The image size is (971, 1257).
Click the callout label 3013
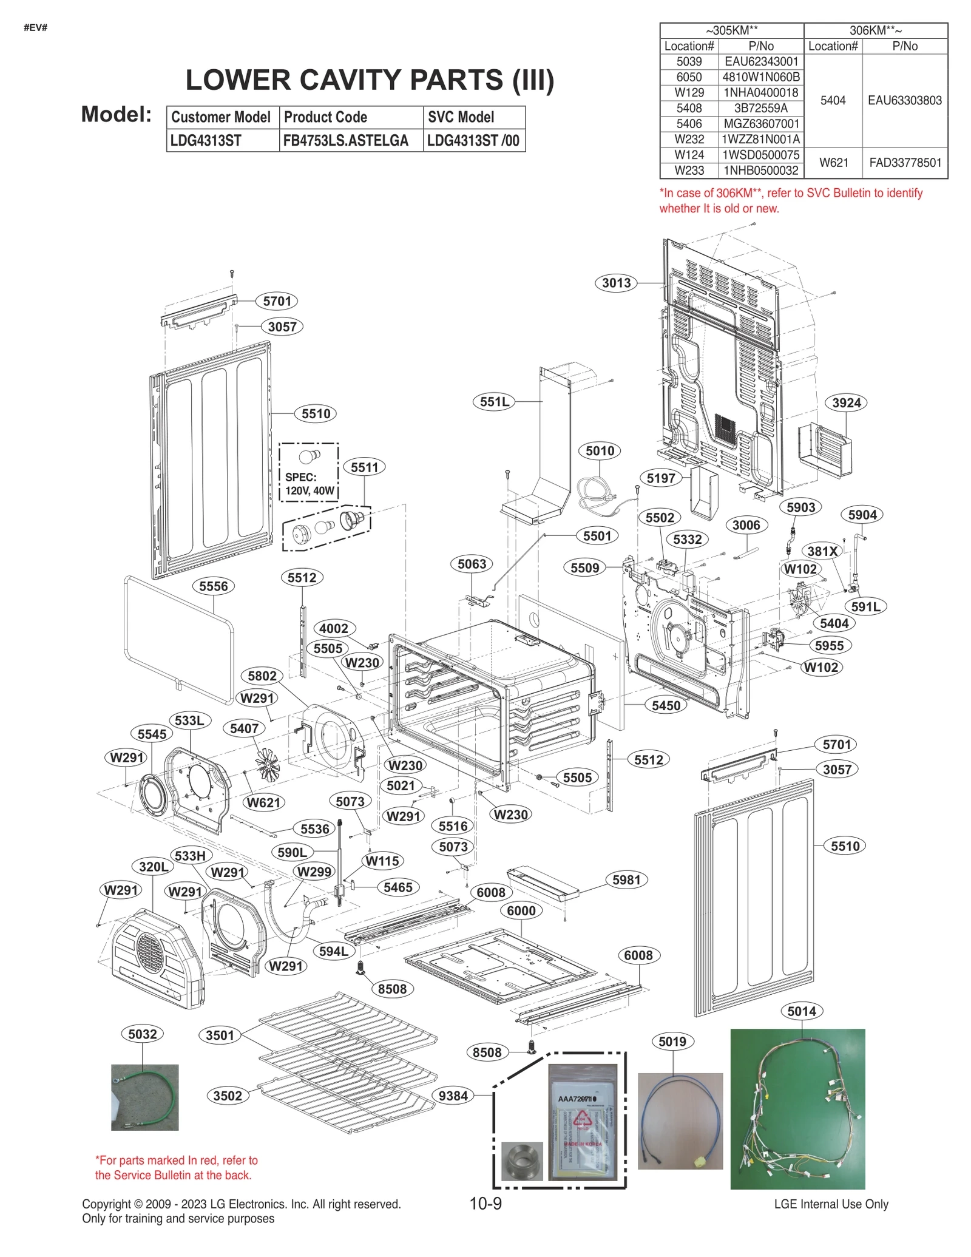click(x=616, y=283)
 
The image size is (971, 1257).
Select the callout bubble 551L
click(x=494, y=402)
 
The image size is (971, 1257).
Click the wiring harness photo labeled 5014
click(x=797, y=1109)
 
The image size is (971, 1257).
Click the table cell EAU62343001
click(x=761, y=62)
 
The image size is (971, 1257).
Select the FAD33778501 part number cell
click(x=905, y=163)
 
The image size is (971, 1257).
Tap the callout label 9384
click(x=453, y=1096)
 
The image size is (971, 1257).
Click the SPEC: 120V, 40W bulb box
click(x=309, y=472)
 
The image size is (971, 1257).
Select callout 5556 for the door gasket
click(x=214, y=586)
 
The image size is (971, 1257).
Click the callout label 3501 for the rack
click(x=220, y=1035)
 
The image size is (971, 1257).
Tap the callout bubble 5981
click(x=626, y=880)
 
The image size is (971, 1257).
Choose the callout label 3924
click(x=846, y=403)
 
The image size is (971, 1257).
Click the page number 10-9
click(x=486, y=1204)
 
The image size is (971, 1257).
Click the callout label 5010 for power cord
click(x=600, y=451)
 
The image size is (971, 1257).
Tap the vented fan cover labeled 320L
click(x=151, y=959)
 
